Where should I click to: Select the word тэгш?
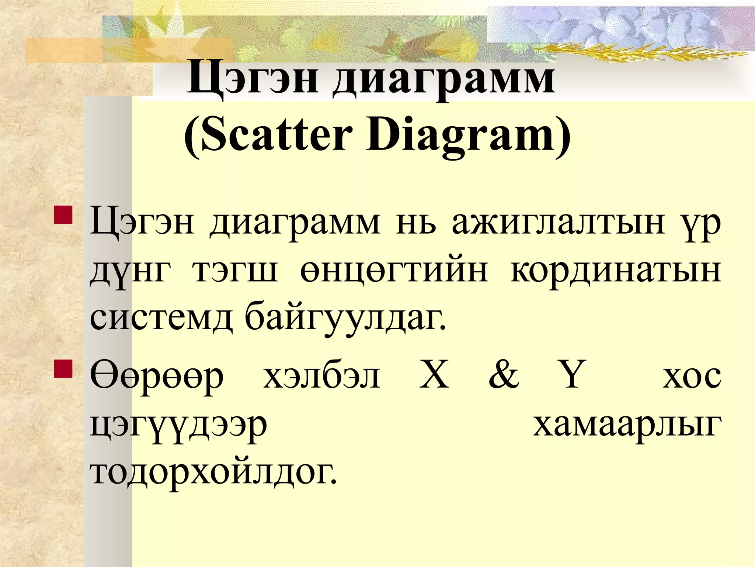point(234,271)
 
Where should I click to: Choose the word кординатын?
point(615,271)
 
